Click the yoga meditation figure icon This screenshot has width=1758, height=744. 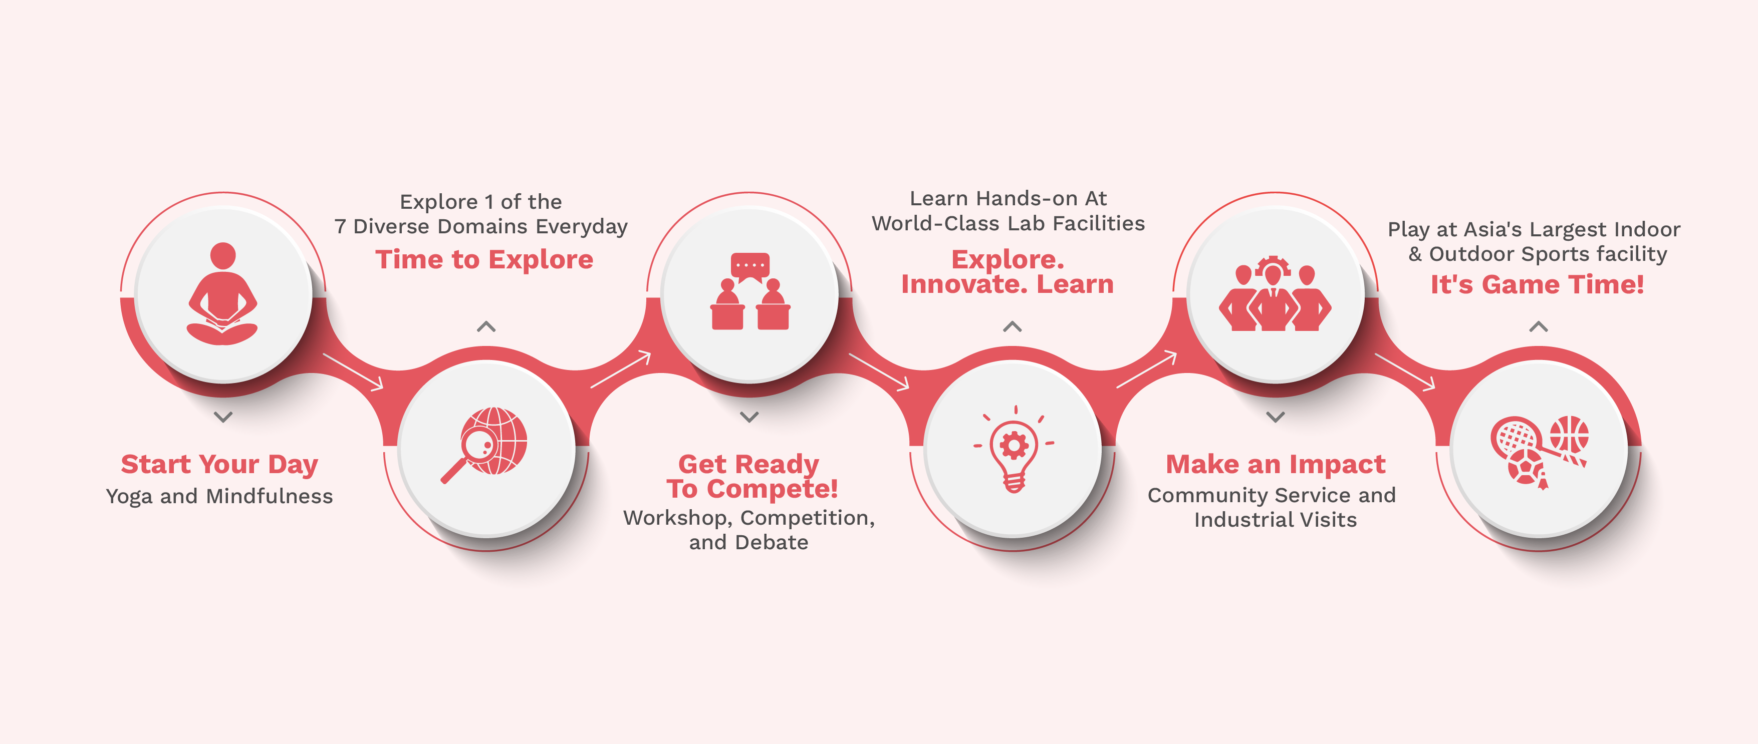(222, 294)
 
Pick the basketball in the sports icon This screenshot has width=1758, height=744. (1569, 435)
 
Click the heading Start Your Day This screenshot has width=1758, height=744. (220, 465)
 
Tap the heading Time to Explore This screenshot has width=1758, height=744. (484, 260)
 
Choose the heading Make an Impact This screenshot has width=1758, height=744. (1276, 465)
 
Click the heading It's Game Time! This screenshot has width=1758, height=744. (1538, 284)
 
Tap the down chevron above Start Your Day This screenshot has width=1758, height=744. (223, 417)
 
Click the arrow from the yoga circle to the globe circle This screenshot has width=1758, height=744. (353, 371)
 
